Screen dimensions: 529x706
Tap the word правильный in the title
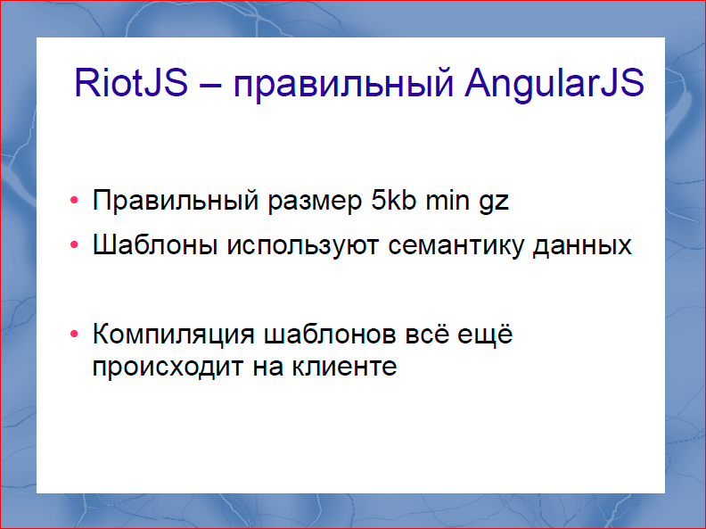pyautogui.click(x=344, y=85)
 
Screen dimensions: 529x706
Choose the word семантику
pyautogui.click(x=457, y=246)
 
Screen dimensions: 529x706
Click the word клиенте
pyautogui.click(x=344, y=367)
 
